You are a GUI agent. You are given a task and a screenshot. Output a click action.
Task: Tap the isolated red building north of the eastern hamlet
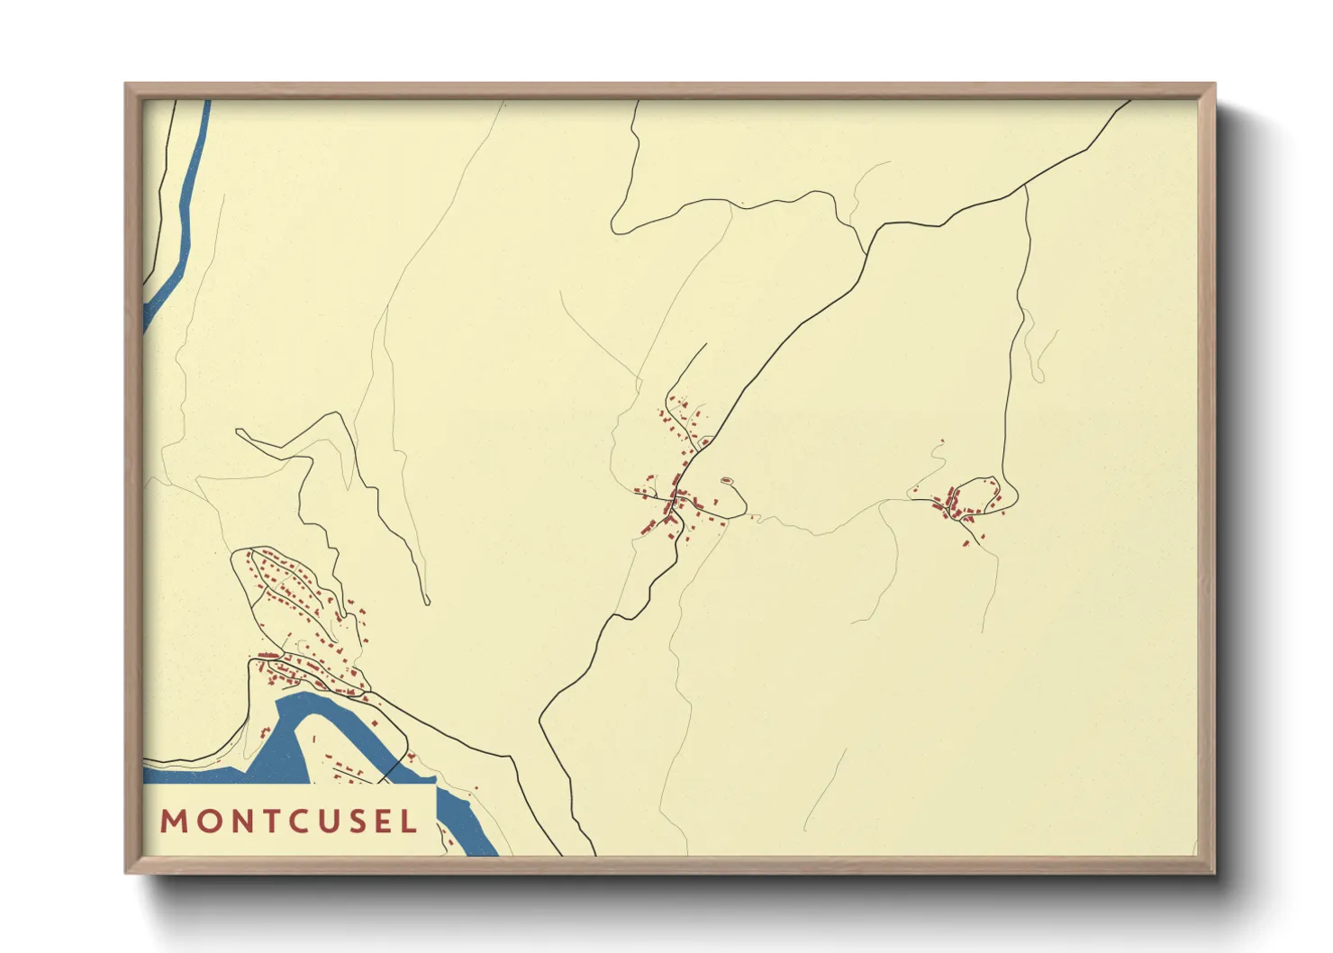[x=941, y=440]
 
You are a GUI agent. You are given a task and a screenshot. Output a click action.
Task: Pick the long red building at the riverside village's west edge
[x=267, y=655]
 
